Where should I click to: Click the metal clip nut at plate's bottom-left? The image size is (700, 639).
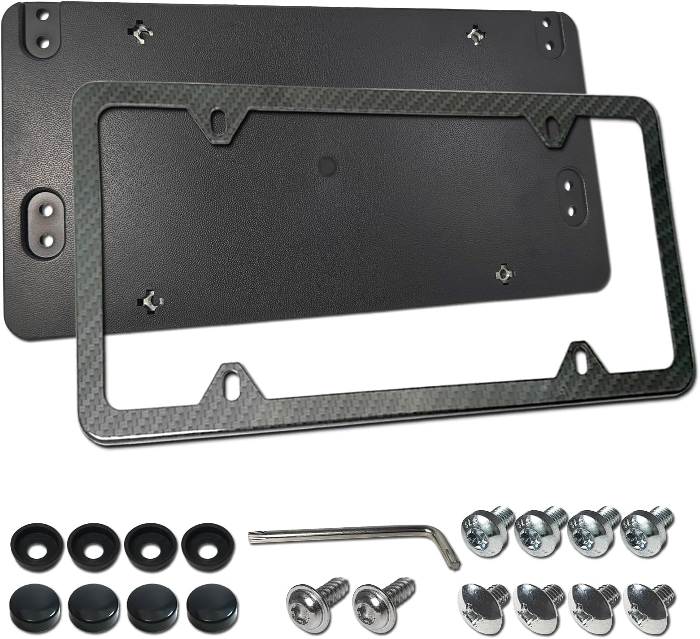[151, 299]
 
